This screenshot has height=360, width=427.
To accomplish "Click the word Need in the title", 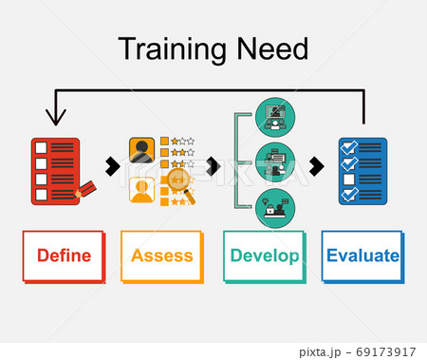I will tap(274, 49).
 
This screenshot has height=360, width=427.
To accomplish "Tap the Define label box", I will tap(64, 256).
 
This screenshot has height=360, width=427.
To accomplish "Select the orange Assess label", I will tap(161, 256).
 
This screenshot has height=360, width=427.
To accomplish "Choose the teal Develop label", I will tap(263, 256).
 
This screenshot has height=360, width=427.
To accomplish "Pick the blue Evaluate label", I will tap(362, 256).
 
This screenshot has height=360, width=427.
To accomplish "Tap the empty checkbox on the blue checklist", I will tap(348, 180).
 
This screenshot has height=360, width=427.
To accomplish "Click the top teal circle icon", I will tap(276, 119).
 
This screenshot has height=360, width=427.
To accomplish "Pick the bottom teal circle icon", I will tap(276, 207).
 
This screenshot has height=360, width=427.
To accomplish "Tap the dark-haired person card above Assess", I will tap(142, 151).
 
